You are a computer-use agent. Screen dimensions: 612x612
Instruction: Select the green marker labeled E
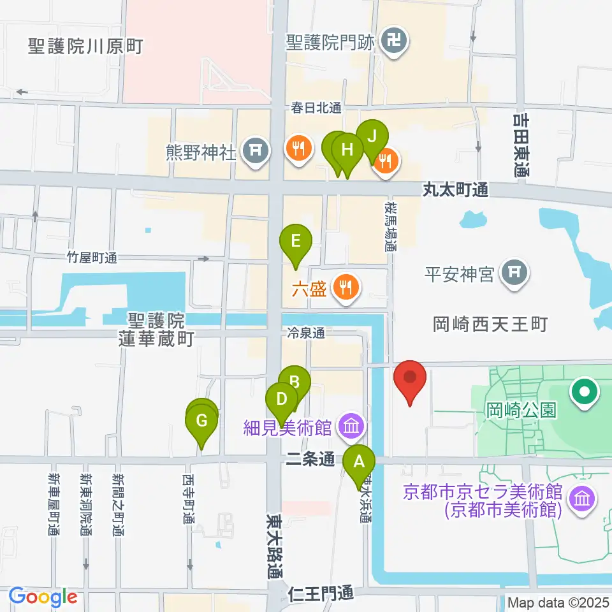click(296, 242)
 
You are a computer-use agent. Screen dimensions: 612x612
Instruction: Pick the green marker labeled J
click(372, 136)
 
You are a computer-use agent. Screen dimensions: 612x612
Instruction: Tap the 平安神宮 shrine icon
click(514, 273)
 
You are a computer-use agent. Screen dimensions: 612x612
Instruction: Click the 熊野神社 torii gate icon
click(256, 150)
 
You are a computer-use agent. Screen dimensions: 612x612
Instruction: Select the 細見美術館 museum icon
click(351, 426)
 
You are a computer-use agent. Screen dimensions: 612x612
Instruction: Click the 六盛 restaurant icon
click(346, 288)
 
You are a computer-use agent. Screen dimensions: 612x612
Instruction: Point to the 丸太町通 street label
click(456, 189)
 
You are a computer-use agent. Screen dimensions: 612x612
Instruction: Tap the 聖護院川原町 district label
click(86, 46)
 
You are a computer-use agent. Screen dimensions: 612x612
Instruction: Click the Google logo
click(43, 597)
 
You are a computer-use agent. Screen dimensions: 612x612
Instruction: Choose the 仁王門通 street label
click(321, 594)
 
